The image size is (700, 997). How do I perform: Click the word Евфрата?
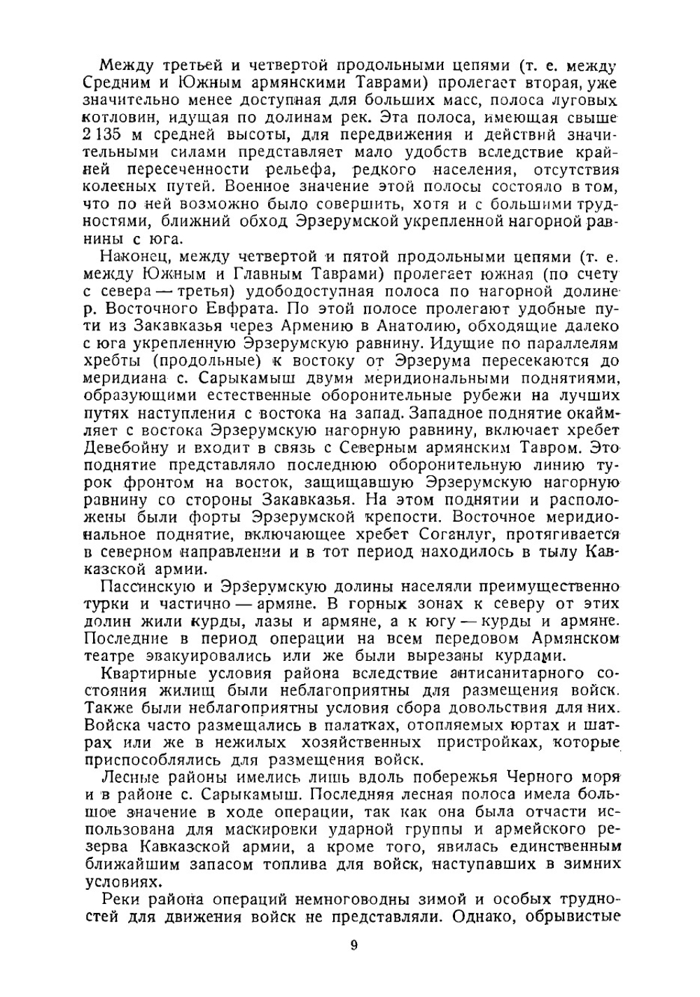click(x=227, y=309)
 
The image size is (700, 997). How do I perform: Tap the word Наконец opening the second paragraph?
click(x=134, y=257)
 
